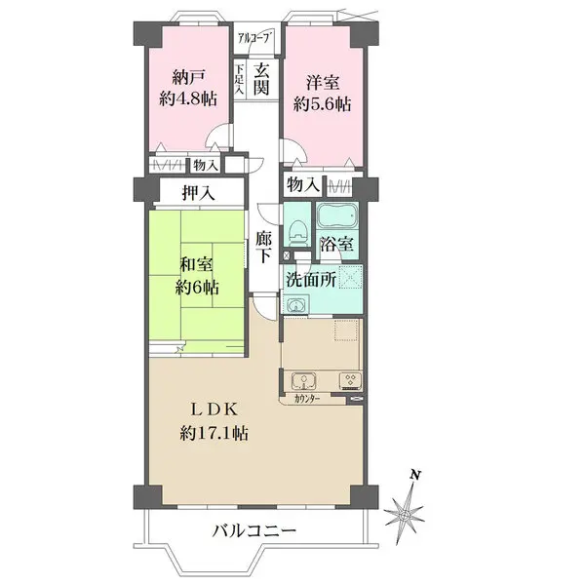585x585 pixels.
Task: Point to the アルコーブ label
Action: [x=255, y=39]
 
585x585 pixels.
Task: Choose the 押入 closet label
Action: [x=198, y=193]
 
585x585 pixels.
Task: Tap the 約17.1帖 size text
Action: [x=213, y=431]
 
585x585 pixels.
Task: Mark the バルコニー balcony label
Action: [x=255, y=531]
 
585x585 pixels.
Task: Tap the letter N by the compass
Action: [x=415, y=475]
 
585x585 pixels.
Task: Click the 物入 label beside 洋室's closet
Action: [x=302, y=183]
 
